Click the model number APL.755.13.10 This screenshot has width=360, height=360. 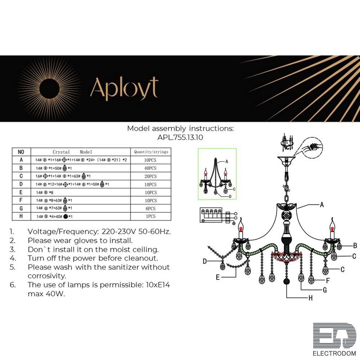[180, 137]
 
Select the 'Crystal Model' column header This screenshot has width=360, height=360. [72, 152]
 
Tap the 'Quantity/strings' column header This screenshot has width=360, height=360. [151, 152]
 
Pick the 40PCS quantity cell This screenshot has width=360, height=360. [150, 168]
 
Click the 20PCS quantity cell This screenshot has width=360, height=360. [150, 176]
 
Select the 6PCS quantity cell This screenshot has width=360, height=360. [150, 208]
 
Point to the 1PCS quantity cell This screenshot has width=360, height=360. [150, 216]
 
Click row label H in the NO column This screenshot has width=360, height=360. [21, 216]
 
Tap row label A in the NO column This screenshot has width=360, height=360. [21, 160]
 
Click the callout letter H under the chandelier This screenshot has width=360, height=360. [310, 298]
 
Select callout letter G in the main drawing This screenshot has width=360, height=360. [324, 289]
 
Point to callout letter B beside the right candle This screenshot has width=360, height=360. [355, 246]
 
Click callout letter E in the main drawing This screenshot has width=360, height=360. [218, 277]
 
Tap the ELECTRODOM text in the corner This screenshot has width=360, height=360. [334, 353]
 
